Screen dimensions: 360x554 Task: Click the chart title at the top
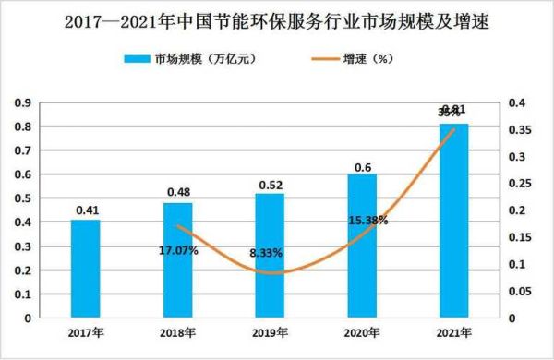pyautogui.click(x=277, y=19)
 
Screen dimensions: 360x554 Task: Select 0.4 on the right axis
pyautogui.click(x=515, y=102)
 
